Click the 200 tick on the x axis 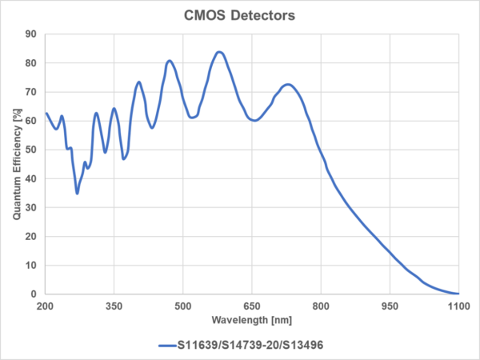45,306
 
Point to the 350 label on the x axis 114,306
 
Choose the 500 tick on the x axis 183,306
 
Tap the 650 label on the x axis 252,306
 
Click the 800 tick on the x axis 321,306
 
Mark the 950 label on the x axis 390,306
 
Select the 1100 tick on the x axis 458,306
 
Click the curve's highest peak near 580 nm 219,52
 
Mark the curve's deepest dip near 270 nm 77,193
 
